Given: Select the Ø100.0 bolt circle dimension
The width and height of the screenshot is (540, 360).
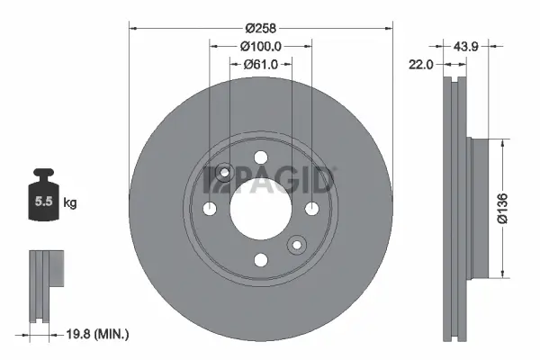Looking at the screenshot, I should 261,46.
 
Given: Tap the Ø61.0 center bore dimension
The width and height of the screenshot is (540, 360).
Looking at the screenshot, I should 261,65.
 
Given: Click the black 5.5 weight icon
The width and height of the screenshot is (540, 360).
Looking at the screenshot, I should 41,199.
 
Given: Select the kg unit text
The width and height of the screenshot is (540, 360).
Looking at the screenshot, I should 69,204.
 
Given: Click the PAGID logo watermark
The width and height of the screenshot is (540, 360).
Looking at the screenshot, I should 270,177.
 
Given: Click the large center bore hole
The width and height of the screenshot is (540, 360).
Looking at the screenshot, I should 261,208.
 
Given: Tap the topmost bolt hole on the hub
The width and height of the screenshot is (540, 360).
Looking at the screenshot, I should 261,157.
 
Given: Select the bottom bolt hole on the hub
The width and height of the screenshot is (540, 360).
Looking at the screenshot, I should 261,260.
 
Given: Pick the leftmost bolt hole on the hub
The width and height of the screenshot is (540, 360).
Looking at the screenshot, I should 210,209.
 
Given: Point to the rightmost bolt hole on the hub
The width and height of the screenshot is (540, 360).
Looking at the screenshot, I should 312,209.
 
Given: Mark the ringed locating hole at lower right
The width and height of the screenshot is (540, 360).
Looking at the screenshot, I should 297,245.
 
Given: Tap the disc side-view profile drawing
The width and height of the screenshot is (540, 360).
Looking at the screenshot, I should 456,208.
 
